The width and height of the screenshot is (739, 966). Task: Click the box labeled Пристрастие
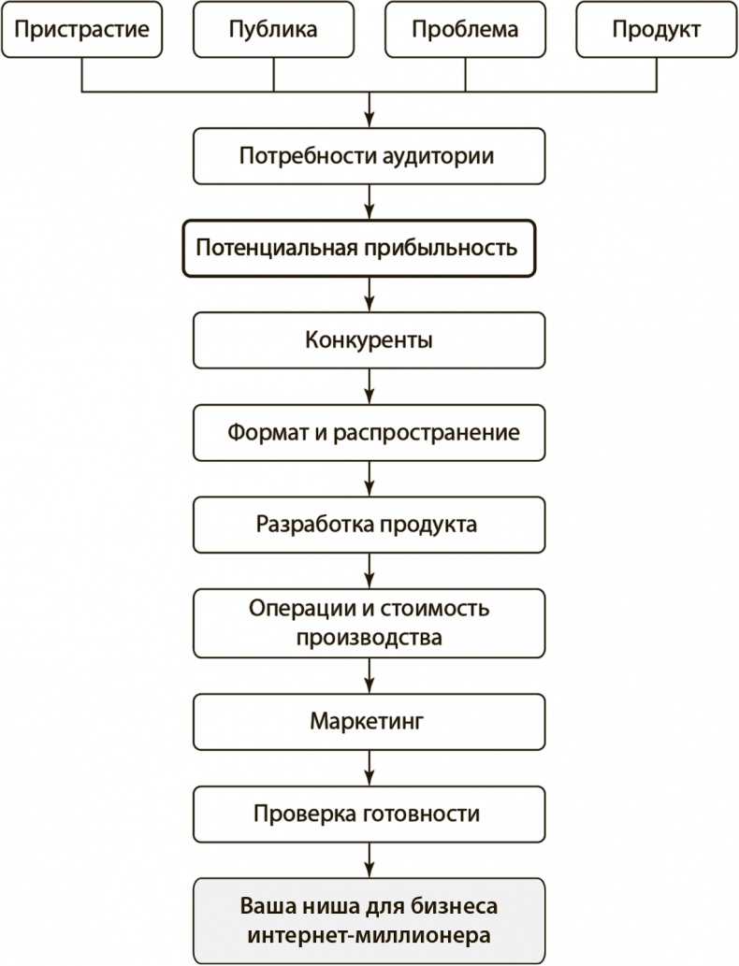click(x=82, y=29)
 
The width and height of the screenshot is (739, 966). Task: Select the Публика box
click(x=273, y=29)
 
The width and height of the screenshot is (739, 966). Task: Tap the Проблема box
click(x=465, y=29)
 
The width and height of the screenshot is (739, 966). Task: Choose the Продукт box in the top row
click(x=656, y=29)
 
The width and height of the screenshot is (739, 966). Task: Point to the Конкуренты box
click(x=369, y=339)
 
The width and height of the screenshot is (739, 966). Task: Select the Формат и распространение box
click(x=369, y=433)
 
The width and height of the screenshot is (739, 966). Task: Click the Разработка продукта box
click(x=369, y=524)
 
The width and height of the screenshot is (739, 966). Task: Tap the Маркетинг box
click(x=369, y=721)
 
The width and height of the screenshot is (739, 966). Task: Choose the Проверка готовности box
click(x=369, y=814)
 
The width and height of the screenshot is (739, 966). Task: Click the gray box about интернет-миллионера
click(x=369, y=920)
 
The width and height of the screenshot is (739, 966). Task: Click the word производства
click(x=369, y=639)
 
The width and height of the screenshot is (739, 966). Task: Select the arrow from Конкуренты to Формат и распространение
click(x=370, y=387)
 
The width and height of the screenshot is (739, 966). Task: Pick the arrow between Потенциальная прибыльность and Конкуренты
click(x=370, y=296)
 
